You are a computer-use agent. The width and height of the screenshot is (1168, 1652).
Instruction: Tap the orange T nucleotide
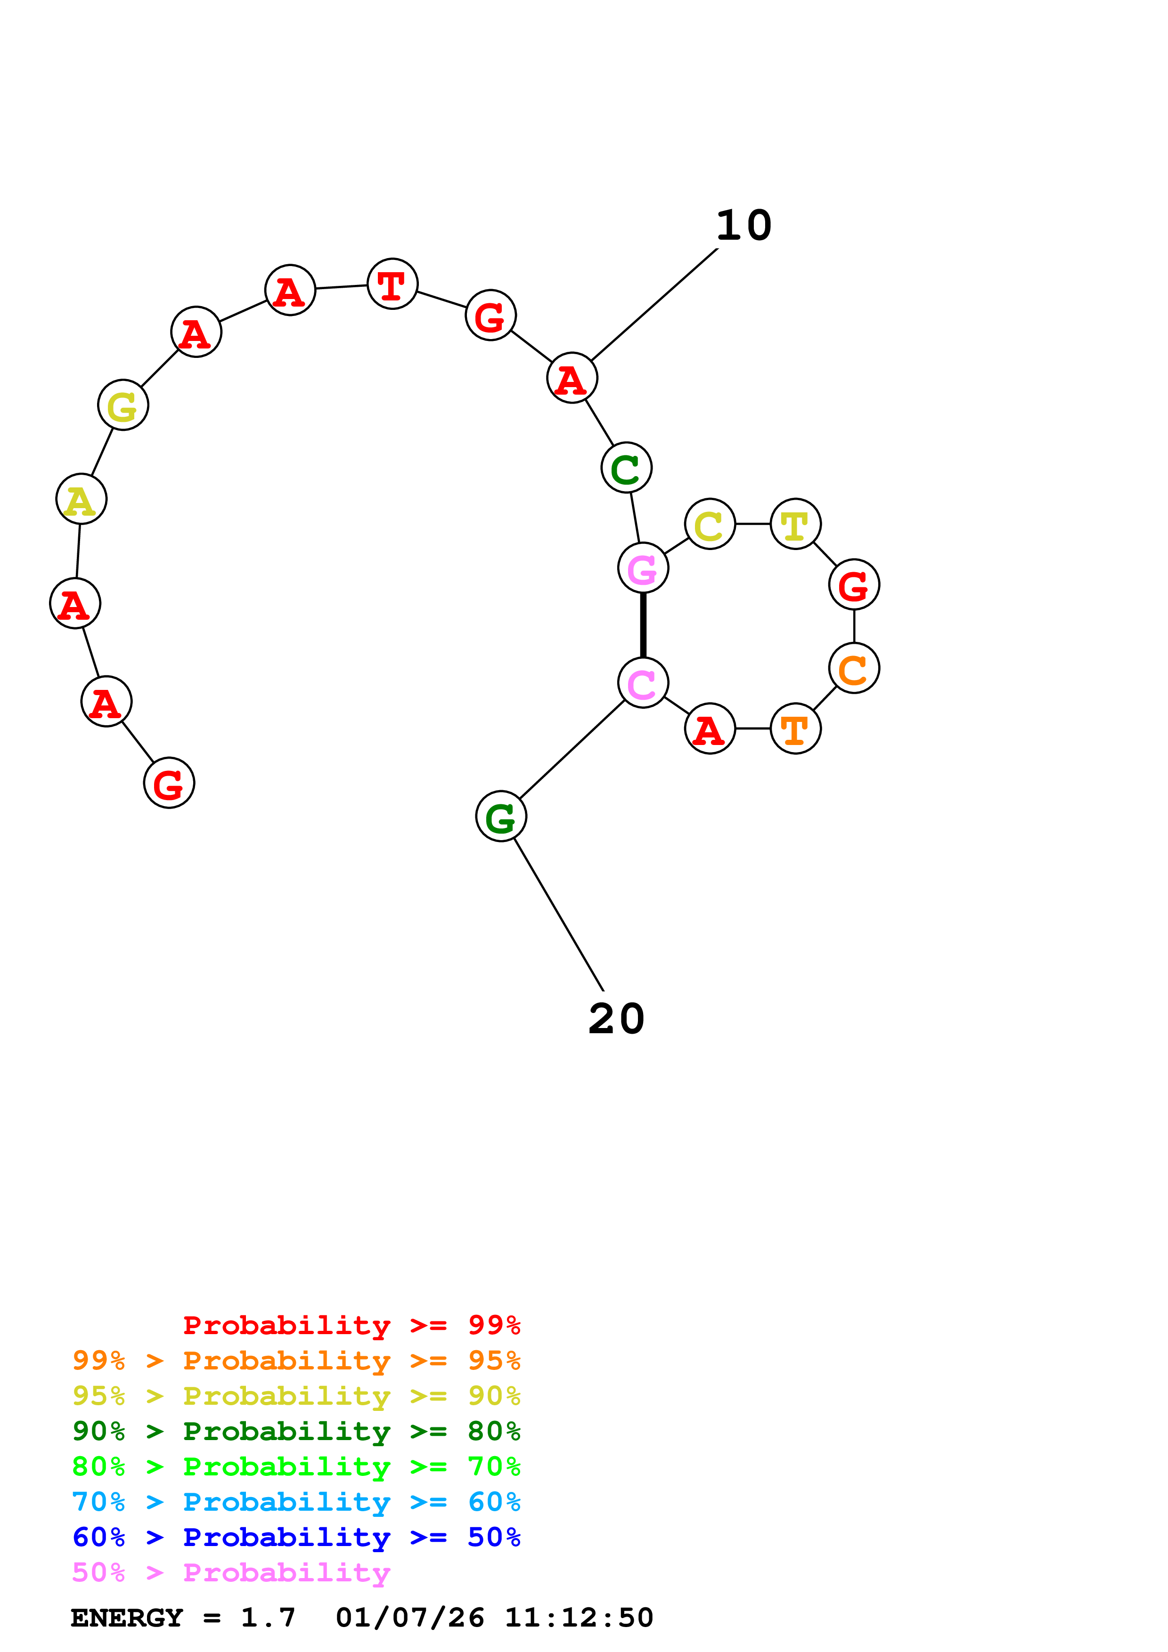(795, 729)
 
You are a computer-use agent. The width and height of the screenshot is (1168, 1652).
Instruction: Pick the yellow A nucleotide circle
(82, 499)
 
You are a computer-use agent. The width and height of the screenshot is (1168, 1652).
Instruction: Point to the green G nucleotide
(501, 817)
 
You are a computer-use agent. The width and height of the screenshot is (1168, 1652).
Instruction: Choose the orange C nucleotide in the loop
(854, 668)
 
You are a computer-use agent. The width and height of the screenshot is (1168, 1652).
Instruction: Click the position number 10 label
(743, 226)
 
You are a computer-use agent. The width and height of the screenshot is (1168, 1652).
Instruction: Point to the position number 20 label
(616, 1019)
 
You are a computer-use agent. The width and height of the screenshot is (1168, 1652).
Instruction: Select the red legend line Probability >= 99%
(351, 1325)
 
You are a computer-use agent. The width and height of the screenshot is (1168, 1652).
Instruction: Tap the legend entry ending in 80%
(296, 1431)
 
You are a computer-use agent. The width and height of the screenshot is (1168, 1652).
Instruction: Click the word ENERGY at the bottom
(127, 1618)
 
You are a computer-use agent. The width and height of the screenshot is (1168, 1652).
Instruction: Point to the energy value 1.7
(268, 1618)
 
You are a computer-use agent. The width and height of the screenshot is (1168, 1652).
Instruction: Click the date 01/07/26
(409, 1618)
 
